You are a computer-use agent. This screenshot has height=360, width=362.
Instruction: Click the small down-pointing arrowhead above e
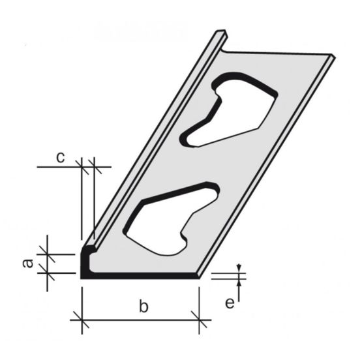coord(239,267)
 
